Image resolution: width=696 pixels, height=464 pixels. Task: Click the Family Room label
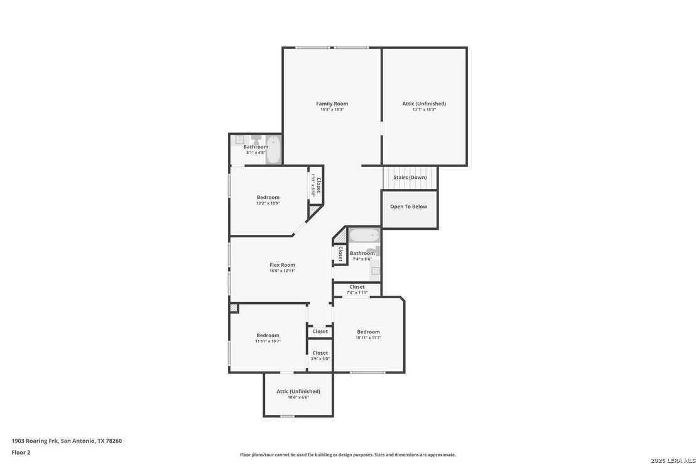pos(332,104)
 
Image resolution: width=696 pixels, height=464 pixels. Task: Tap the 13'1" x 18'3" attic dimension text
pos(424,110)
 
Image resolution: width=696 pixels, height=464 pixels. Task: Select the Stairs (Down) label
pos(410,178)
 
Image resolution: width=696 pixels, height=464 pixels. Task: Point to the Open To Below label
pos(408,207)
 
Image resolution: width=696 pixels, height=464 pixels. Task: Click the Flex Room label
pos(282,265)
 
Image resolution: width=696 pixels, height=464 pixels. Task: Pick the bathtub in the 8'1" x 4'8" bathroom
pos(273,150)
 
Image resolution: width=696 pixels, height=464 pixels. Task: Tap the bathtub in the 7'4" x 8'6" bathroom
pos(364,235)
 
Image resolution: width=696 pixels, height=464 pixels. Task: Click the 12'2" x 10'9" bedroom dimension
pos(268,203)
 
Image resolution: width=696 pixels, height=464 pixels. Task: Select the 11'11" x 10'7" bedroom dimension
pos(268,342)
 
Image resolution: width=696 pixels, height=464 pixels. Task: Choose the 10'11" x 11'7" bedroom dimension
pos(369,338)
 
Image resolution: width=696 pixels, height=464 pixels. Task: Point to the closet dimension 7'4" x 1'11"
pos(357,293)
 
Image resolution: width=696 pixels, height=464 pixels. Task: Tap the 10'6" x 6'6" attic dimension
pos(298,397)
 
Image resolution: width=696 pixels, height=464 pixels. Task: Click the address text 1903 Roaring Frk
pos(35,441)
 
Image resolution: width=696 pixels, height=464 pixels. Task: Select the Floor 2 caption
pos(21,453)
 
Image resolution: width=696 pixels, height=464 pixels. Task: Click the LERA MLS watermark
pos(673,460)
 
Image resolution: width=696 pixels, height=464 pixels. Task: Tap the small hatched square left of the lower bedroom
pos(234,308)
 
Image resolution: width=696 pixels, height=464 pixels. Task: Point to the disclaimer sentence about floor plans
pos(348,455)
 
